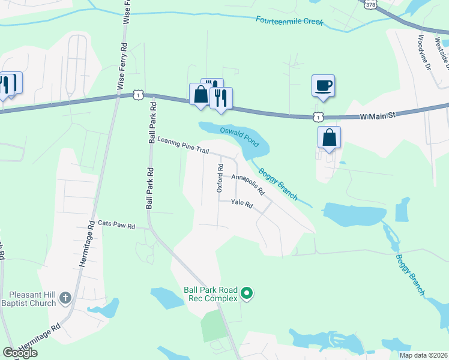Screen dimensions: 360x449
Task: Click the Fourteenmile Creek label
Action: pos(289,21)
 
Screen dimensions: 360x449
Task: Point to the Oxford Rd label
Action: pos(220,178)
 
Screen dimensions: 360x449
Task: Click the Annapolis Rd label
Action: pos(248,185)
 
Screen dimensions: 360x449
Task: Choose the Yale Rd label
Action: pos(242,205)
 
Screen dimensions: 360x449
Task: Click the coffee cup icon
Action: pos(323,85)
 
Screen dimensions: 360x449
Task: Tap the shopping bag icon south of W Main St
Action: pos(330,137)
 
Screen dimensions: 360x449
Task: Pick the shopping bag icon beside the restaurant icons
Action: pos(200,94)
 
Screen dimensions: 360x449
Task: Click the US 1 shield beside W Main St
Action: pos(317,116)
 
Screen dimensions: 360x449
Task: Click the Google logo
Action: pos(20,353)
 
